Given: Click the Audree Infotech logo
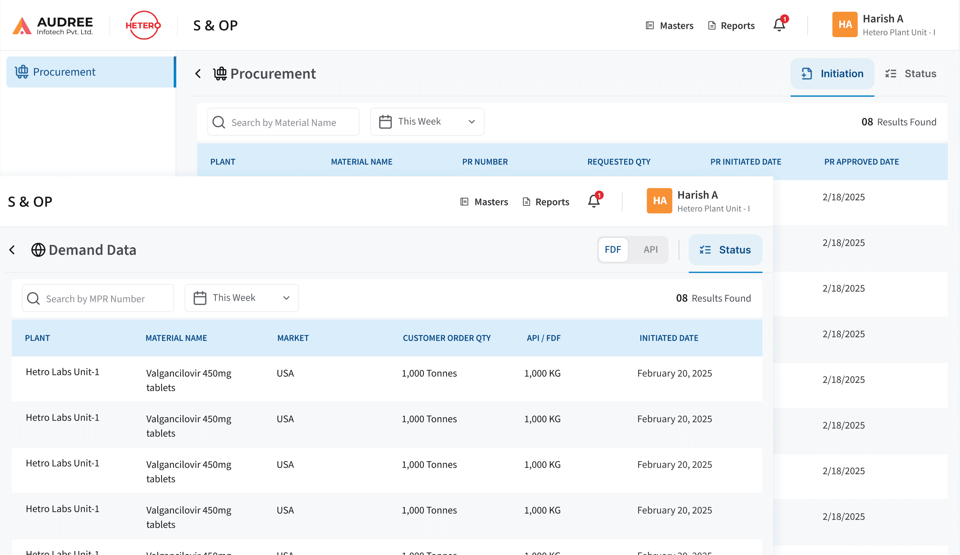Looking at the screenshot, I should click(53, 26).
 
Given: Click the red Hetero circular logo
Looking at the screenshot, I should click(143, 26).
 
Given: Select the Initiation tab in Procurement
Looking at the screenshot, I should click(832, 74).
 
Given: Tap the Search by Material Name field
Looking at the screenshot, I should click(284, 122).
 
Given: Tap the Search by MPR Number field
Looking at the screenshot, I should click(98, 298).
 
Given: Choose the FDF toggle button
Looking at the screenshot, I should click(613, 249).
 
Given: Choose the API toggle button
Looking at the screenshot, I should click(650, 249).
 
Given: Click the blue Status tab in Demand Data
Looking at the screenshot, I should click(725, 250).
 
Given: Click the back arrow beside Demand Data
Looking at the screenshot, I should click(12, 250).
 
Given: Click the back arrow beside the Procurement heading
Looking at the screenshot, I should click(198, 74).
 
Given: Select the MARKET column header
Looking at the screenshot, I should click(293, 338).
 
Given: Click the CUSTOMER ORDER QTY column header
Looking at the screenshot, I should click(446, 338).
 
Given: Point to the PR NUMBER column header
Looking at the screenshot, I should click(485, 162).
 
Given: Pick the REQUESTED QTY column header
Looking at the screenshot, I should click(619, 162).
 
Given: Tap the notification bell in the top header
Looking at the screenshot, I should click(779, 25).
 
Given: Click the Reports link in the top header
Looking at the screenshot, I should click(732, 26).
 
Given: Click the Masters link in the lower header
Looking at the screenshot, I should click(484, 202).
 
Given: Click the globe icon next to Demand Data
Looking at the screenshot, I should click(38, 250).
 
